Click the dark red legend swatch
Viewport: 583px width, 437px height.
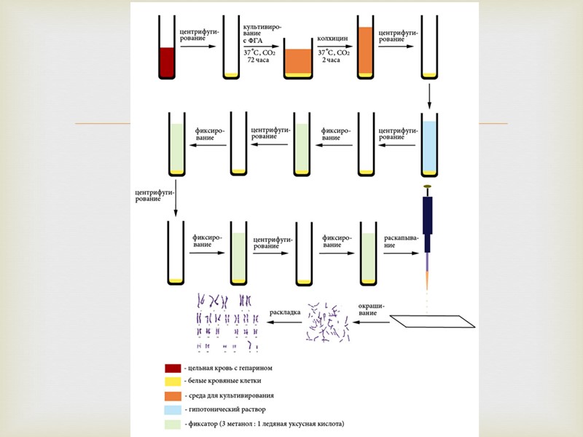point(173,368)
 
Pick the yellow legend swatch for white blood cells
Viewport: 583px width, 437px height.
point(173,382)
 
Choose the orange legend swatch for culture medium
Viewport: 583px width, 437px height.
point(173,395)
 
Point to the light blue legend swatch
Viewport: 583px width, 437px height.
point(173,409)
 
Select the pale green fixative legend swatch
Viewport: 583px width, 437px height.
point(173,423)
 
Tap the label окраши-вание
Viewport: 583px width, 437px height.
point(372,308)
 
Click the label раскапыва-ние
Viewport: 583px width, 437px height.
point(400,240)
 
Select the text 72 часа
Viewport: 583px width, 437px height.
point(260,61)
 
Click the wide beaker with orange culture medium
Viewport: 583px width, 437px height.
point(297,60)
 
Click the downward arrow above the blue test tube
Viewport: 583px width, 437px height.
point(430,95)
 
